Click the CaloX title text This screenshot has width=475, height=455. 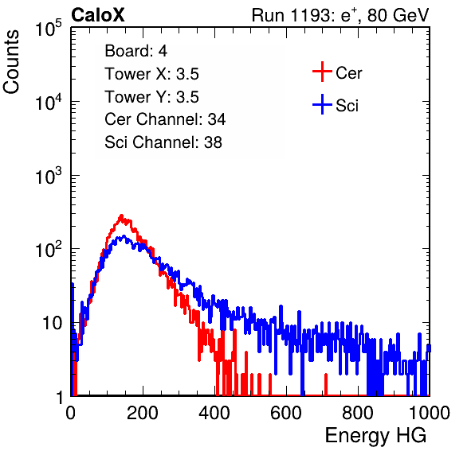tap(98, 15)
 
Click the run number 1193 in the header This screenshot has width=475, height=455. tap(311, 15)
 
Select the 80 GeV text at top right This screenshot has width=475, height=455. tap(398, 16)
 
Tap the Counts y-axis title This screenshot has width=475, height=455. tap(11, 62)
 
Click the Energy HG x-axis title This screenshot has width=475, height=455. tap(375, 435)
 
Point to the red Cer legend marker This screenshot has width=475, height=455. tap(322, 72)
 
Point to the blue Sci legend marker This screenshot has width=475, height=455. tap(322, 104)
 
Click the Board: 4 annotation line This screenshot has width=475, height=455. tap(136, 51)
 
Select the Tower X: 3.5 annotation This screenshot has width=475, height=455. tap(151, 74)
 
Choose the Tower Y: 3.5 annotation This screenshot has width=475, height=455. tap(151, 97)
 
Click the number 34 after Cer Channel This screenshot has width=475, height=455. tap(217, 119)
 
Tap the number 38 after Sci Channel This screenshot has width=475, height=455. tap(213, 142)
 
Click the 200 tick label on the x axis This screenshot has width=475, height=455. tap(143, 413)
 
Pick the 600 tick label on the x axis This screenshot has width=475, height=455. tap(286, 413)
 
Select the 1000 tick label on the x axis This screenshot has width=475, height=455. tap(430, 413)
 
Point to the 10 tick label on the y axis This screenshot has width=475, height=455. tap(53, 323)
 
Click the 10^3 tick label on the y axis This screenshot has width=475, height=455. tap(49, 176)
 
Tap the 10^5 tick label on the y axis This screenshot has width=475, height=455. tap(49, 28)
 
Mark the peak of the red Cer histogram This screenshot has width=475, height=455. tap(121, 216)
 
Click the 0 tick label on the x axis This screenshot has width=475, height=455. tap(71, 413)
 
